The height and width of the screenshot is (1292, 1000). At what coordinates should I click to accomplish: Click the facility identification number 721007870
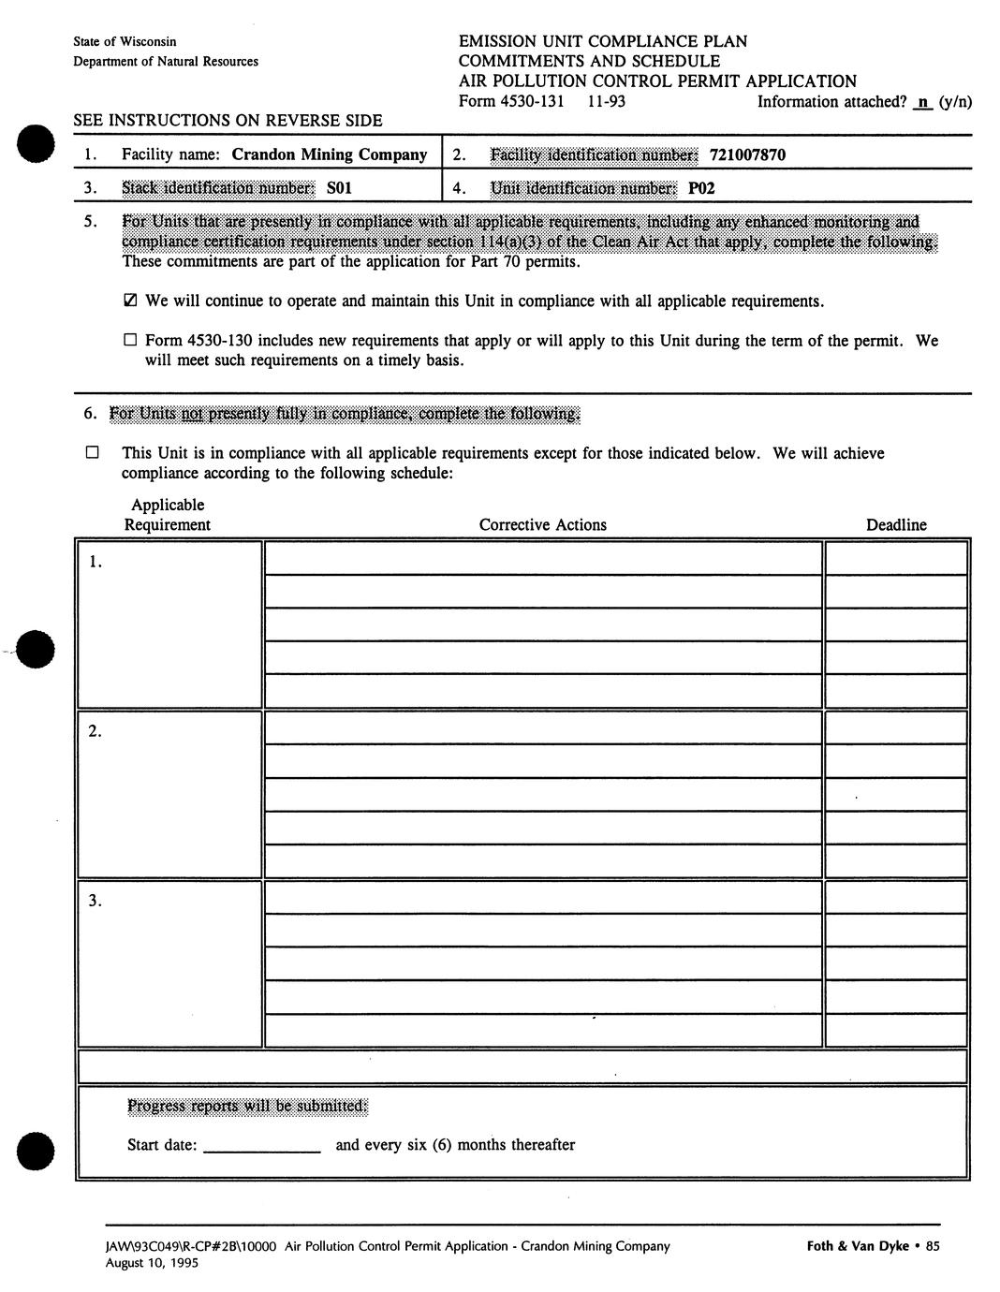click(747, 155)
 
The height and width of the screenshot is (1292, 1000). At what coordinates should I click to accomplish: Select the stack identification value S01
click(339, 188)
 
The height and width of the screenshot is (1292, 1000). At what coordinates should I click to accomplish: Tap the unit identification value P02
click(701, 188)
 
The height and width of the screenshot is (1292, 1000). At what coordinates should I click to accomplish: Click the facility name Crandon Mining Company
click(329, 154)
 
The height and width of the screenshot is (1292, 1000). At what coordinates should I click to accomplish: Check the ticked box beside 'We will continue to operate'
click(130, 301)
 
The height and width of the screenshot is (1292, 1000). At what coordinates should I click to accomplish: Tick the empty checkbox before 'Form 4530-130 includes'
click(130, 341)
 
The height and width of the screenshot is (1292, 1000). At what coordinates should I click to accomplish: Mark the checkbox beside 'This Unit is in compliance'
click(92, 453)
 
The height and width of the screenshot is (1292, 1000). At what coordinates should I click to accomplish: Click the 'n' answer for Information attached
click(922, 101)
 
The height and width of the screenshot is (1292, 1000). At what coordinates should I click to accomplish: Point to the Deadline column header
click(896, 525)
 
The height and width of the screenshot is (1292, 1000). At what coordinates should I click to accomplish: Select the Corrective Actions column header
click(542, 525)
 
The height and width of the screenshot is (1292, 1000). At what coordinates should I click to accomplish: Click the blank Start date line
click(261, 1146)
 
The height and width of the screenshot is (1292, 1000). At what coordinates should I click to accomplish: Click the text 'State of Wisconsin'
click(125, 42)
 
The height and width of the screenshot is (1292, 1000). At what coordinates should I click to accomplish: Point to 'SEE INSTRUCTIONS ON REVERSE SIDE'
click(228, 121)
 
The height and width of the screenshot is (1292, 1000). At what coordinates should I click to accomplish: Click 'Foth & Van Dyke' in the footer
click(857, 1246)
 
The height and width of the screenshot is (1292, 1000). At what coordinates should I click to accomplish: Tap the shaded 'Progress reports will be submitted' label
click(247, 1107)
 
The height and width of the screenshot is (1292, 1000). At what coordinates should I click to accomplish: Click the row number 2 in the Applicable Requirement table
click(95, 732)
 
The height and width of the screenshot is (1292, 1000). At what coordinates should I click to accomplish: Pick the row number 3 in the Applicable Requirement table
click(95, 902)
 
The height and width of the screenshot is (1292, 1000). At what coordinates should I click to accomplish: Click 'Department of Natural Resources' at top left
click(166, 62)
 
